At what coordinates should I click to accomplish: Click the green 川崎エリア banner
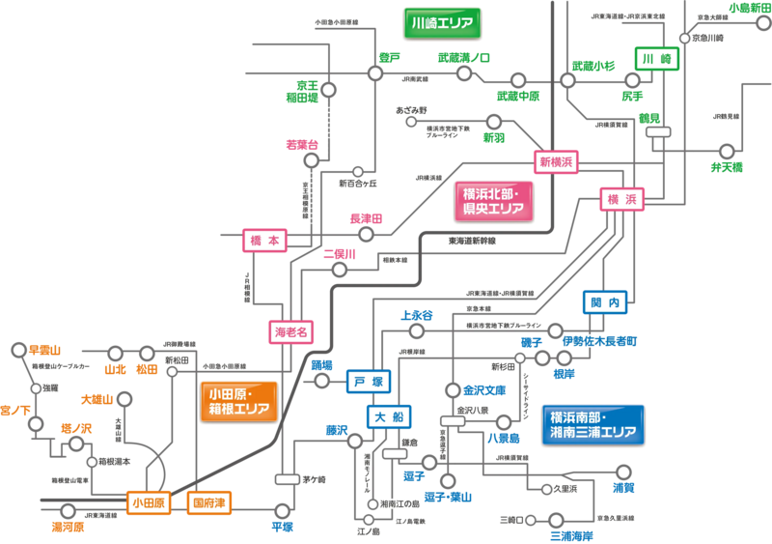pyautogui.click(x=441, y=22)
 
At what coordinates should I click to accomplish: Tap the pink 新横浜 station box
pyautogui.click(x=555, y=162)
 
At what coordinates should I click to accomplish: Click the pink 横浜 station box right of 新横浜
pyautogui.click(x=620, y=199)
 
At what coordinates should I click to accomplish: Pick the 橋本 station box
pyautogui.click(x=264, y=241)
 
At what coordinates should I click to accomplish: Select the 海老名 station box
pyautogui.click(x=291, y=331)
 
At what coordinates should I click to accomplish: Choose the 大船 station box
pyautogui.click(x=390, y=416)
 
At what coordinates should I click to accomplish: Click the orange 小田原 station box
pyautogui.click(x=149, y=502)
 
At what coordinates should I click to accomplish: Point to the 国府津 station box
pyautogui.click(x=208, y=502)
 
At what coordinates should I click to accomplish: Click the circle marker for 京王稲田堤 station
pyautogui.click(x=329, y=90)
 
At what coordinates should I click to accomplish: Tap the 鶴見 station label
pyautogui.click(x=648, y=117)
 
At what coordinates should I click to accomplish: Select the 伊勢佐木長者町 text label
pyautogui.click(x=599, y=341)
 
